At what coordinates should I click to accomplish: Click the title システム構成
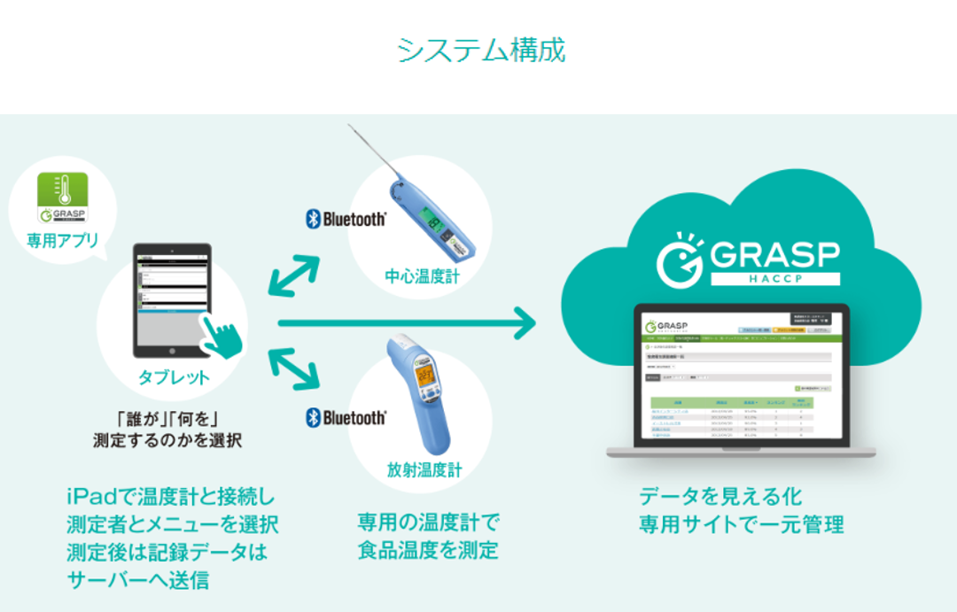point(480,50)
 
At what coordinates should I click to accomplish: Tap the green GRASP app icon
point(62,197)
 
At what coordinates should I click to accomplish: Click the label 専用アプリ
point(62,240)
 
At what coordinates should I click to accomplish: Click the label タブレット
point(174,377)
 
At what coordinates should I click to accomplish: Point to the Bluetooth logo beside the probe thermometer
point(346,219)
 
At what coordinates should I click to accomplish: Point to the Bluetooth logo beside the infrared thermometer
point(346,417)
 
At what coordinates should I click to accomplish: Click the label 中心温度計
point(421,276)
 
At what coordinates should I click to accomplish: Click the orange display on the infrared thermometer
point(425,376)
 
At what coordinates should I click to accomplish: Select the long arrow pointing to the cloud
point(408,324)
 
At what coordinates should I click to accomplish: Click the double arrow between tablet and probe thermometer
point(293,275)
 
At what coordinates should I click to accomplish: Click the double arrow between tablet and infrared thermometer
point(293,368)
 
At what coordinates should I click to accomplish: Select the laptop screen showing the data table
point(741,376)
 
